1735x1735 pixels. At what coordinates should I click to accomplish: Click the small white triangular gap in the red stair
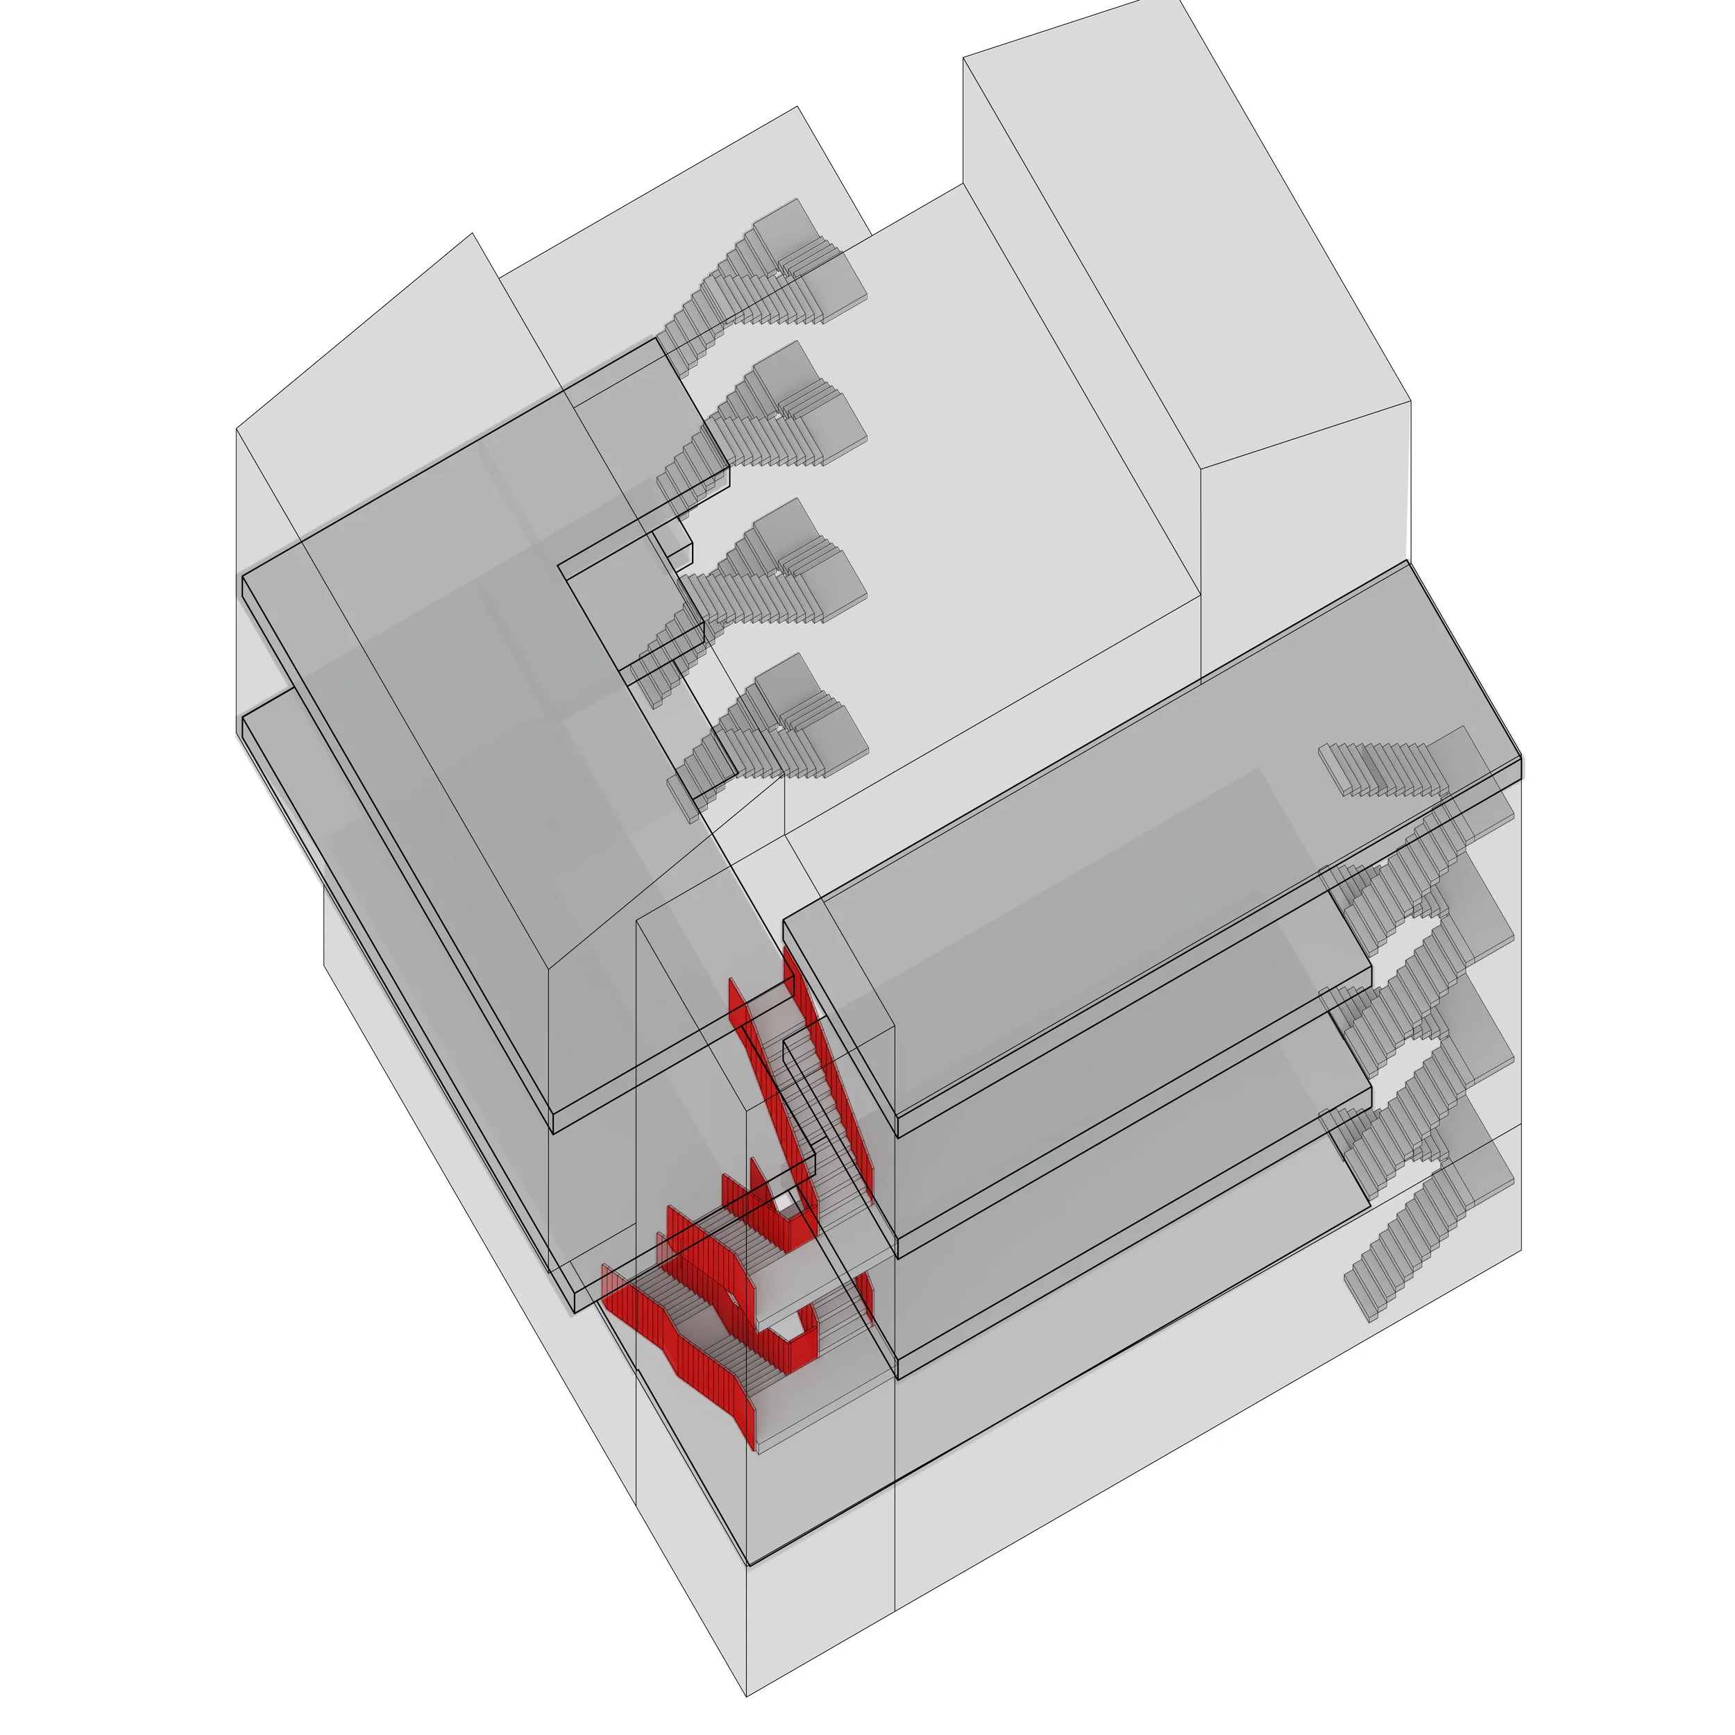pyautogui.click(x=785, y=1201)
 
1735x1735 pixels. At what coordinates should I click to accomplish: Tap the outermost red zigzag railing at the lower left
pyautogui.click(x=682, y=1347)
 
